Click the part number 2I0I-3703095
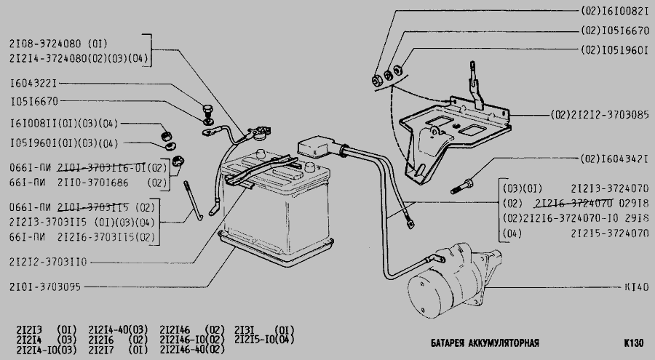tap(45, 285)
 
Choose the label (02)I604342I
tap(614, 159)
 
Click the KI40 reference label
tap(635, 287)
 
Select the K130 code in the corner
tap(633, 343)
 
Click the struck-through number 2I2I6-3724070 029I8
tap(590, 203)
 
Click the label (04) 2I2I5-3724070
tap(575, 233)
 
